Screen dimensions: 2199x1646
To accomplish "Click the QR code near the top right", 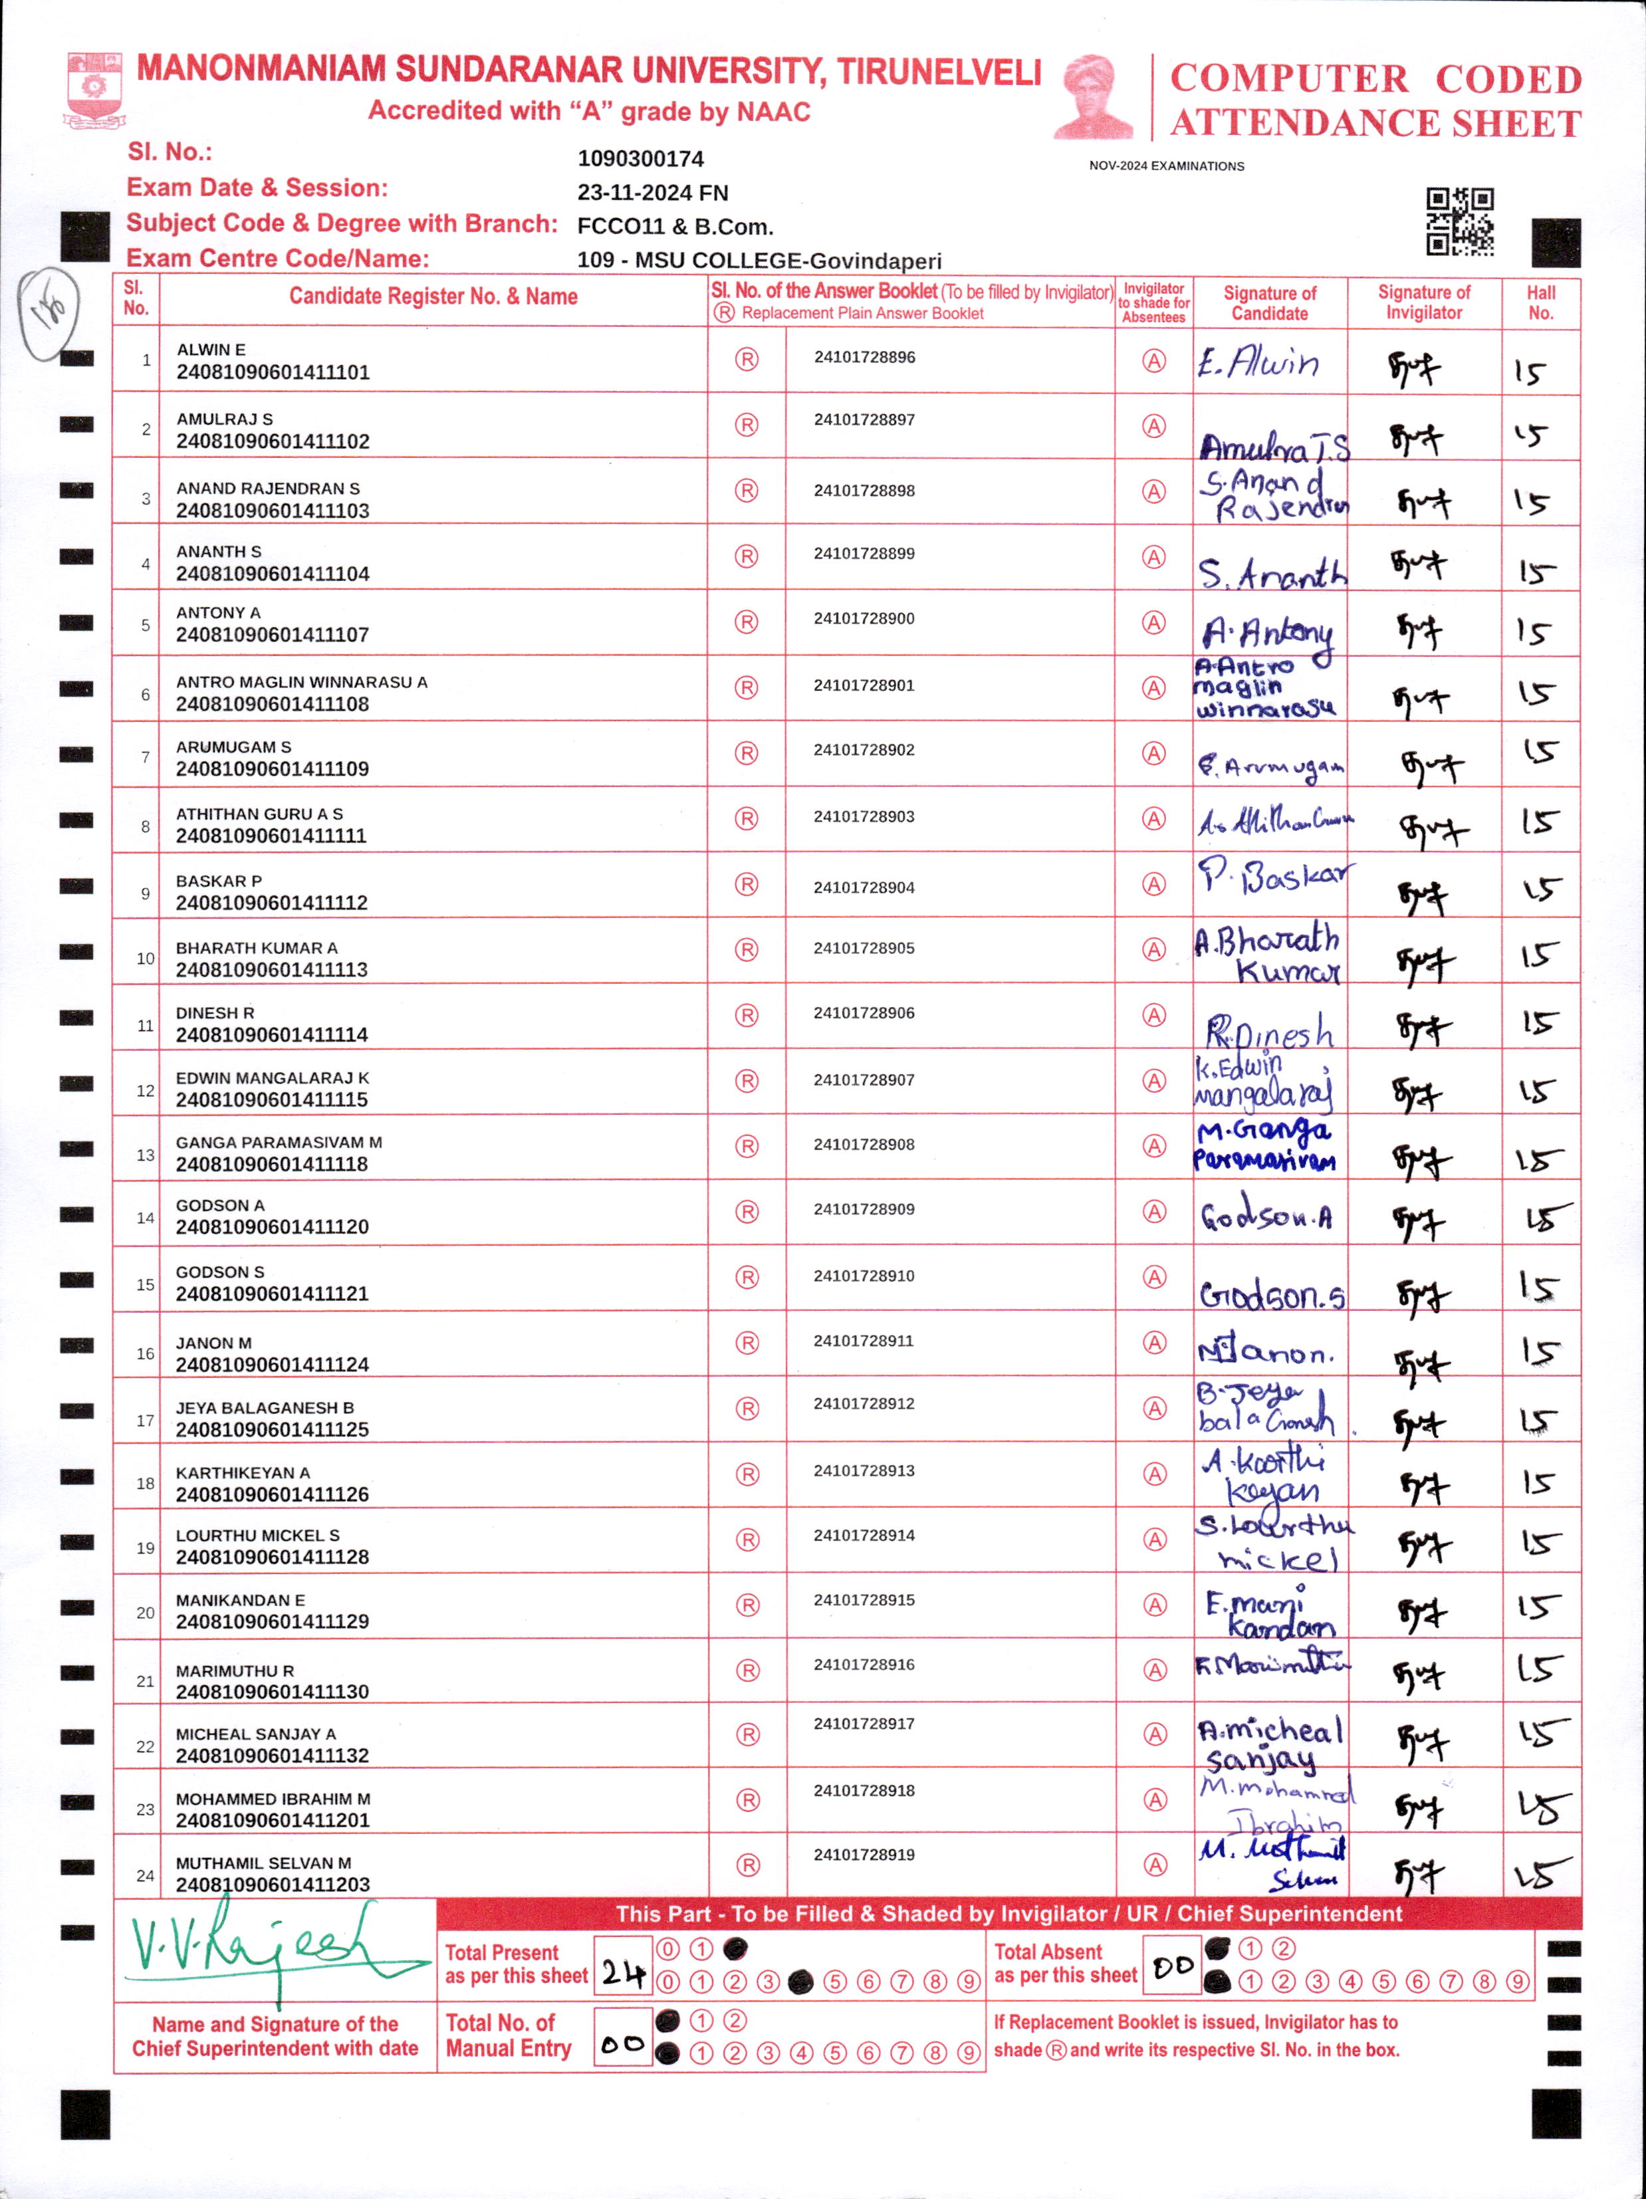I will [1459, 221].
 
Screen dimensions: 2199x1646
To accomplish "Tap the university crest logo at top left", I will [94, 90].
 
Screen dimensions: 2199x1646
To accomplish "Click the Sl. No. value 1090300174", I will [640, 159].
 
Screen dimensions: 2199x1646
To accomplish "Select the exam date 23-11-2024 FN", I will [652, 193].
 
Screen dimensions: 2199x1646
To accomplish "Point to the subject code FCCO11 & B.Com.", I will [675, 227].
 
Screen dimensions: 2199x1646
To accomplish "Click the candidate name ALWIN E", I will [211, 350].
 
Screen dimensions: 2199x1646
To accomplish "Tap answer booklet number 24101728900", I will [864, 618].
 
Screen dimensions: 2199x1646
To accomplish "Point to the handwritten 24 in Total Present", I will [622, 1972].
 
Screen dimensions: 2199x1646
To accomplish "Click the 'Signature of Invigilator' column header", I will [1423, 302].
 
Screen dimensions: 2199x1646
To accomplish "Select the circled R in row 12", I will [747, 1081].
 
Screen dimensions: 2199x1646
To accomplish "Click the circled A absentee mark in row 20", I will [1154, 1605].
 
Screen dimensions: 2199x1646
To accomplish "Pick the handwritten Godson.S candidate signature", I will [1271, 1294].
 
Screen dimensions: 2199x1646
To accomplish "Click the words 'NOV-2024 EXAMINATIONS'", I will [1166, 166].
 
